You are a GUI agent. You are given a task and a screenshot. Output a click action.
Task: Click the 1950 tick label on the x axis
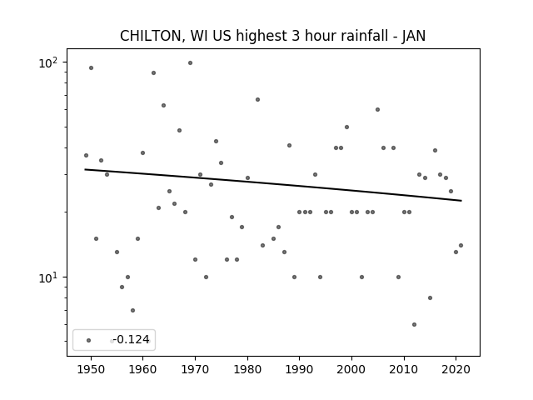pos(91,369)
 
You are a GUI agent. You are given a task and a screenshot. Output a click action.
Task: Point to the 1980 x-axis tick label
pos(247,369)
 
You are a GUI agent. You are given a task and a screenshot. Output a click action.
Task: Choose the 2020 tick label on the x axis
pos(456,369)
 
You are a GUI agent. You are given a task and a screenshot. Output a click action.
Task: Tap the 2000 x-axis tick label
pos(351,369)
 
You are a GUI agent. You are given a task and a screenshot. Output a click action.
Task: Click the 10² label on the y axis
pos(48,62)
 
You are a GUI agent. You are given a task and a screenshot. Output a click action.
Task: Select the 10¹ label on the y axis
pos(48,277)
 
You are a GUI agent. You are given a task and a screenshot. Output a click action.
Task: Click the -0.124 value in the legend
pos(132,339)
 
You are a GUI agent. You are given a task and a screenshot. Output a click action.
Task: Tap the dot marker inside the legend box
pos(89,340)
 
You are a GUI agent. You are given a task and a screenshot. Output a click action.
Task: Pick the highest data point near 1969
pos(191,63)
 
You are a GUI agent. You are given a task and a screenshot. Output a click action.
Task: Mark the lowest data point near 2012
pos(414,324)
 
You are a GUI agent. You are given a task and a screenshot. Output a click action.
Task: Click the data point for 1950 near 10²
pos(91,68)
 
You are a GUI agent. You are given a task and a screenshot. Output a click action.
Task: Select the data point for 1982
pos(257,100)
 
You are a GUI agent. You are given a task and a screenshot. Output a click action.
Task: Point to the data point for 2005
pos(377,109)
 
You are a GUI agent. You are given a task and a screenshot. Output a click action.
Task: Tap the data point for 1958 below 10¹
pos(133,310)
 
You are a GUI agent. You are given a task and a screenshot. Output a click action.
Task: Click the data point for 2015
pos(430,298)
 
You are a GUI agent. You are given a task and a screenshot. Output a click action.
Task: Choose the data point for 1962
pos(153,72)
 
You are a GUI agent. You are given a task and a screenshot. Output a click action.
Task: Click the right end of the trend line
pos(461,201)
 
